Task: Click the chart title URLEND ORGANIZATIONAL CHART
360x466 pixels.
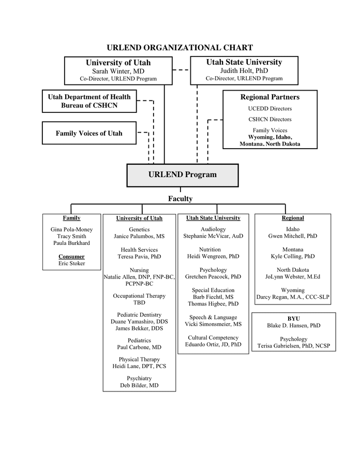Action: click(x=179, y=48)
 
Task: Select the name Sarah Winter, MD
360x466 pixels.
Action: click(x=118, y=71)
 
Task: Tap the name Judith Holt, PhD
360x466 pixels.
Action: click(x=244, y=71)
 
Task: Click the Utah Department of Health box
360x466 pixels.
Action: click(x=89, y=101)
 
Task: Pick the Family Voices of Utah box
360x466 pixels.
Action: click(x=89, y=133)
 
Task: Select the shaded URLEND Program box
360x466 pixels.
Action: click(x=183, y=174)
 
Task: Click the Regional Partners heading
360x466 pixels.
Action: click(x=269, y=97)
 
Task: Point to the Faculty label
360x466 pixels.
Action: click(x=180, y=198)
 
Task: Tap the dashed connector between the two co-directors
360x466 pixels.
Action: click(x=181, y=70)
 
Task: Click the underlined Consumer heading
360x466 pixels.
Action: click(x=71, y=256)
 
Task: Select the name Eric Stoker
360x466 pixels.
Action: click(x=71, y=264)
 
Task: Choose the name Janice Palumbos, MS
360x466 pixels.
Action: click(x=139, y=236)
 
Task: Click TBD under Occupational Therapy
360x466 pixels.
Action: click(x=139, y=303)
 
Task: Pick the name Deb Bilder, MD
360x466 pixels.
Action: click(x=139, y=386)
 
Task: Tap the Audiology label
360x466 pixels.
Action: click(x=213, y=229)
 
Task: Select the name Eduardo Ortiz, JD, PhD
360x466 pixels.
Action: click(x=213, y=344)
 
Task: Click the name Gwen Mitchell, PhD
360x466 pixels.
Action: click(x=293, y=236)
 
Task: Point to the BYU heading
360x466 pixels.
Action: click(x=293, y=318)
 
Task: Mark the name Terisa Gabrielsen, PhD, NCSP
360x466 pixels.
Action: click(x=293, y=346)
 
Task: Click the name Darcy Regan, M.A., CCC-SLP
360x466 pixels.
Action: click(x=293, y=297)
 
